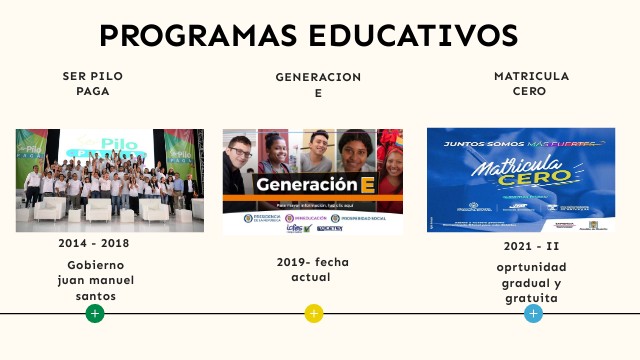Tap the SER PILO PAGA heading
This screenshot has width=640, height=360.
[93, 83]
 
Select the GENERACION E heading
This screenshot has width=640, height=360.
[318, 85]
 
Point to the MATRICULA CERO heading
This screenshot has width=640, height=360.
[531, 83]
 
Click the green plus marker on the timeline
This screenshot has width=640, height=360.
[95, 313]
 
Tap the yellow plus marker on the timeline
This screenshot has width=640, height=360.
[314, 313]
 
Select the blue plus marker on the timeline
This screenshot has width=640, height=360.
[533, 313]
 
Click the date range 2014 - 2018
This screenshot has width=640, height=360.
[94, 243]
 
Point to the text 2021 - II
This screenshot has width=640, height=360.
[531, 246]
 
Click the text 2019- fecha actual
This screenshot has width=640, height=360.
[313, 269]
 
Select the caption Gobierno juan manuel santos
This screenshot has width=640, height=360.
[93, 280]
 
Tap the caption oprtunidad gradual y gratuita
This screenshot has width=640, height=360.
[531, 282]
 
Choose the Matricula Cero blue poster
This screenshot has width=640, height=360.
[520, 180]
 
